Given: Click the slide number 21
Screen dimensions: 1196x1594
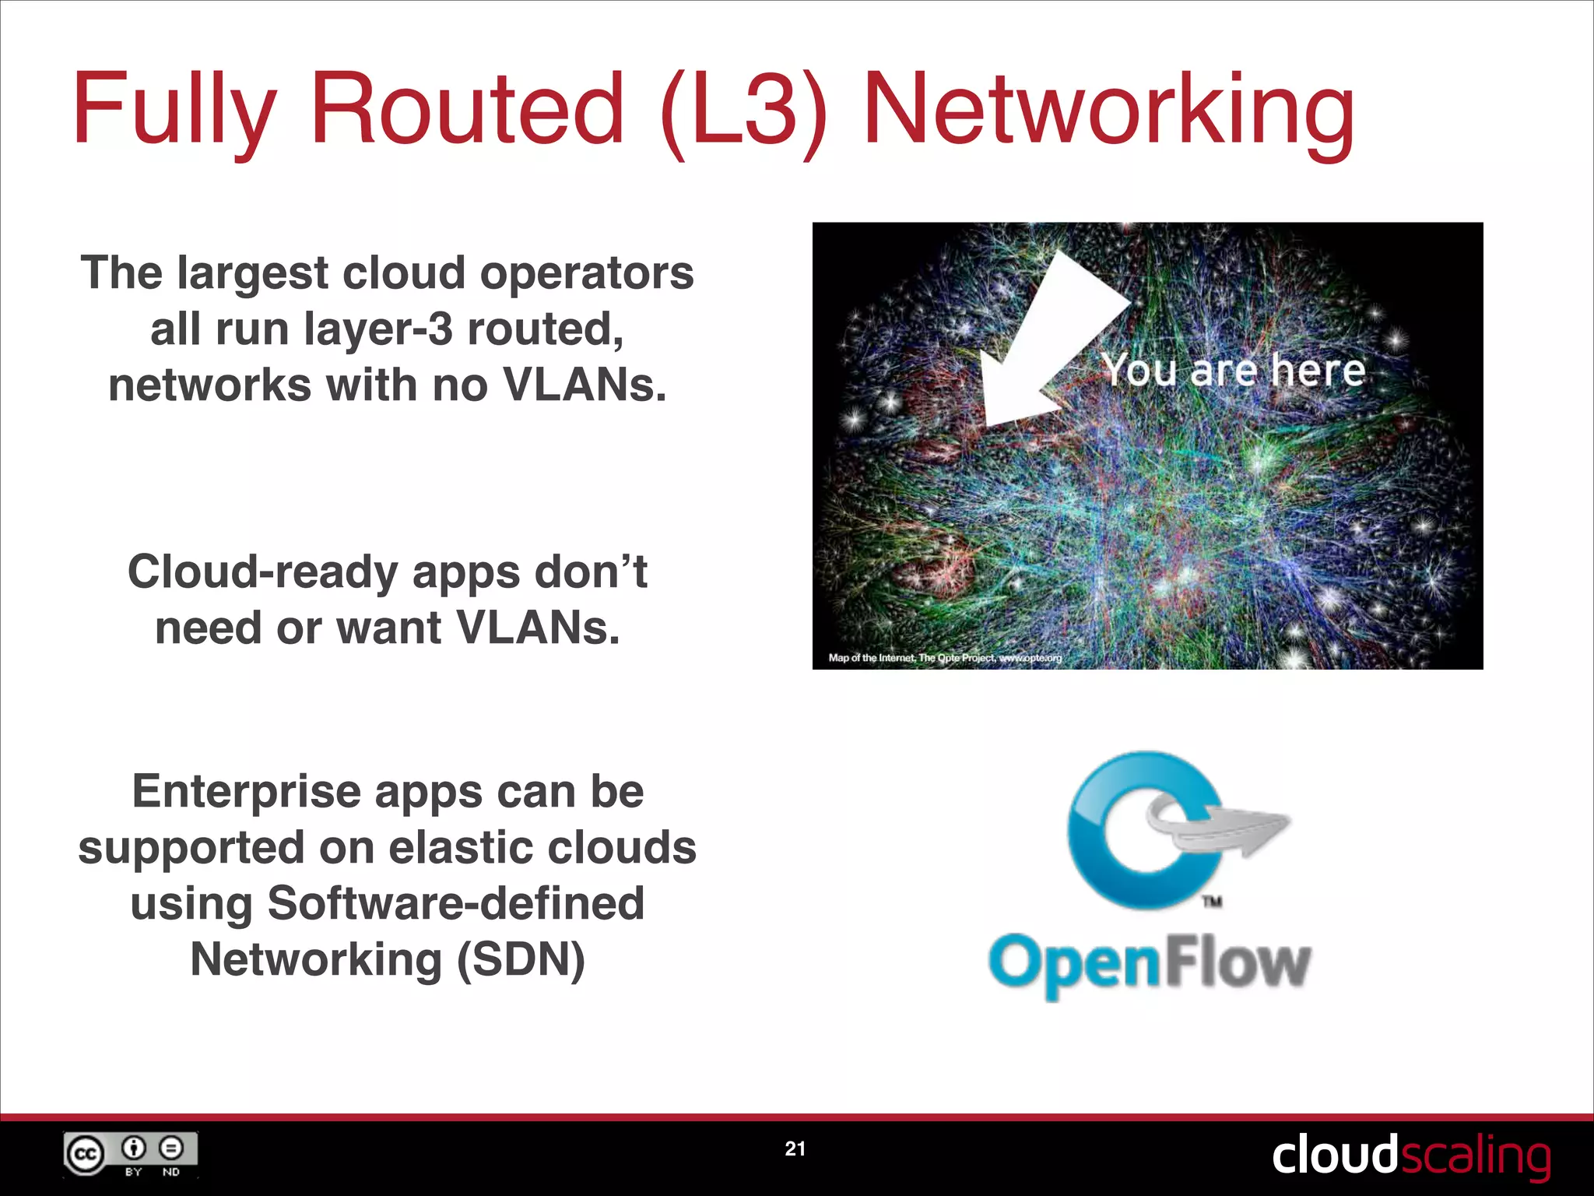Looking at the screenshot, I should coord(795,1149).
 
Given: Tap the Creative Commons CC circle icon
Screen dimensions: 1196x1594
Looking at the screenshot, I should coord(84,1154).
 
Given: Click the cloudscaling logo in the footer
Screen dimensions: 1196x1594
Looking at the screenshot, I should coord(1410,1156).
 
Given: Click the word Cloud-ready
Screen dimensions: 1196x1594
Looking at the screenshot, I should coord(262,572).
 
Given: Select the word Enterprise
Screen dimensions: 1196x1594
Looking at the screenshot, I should coord(247,791).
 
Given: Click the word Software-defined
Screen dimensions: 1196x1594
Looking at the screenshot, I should coord(455,903).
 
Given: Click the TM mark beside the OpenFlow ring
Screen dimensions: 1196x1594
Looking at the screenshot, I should coord(1212,902).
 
